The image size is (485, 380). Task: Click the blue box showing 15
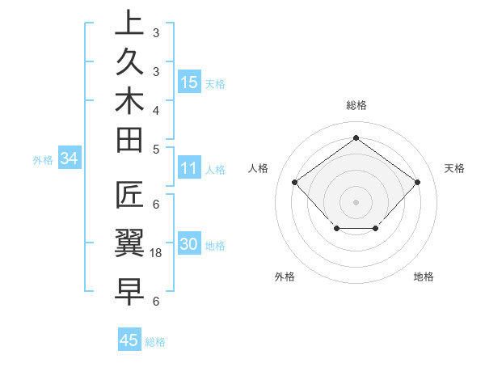[x=189, y=82]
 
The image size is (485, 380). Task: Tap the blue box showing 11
[x=189, y=169]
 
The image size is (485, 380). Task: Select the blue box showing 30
[x=189, y=246]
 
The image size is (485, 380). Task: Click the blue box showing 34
[x=70, y=159]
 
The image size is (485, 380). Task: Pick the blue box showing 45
[x=129, y=340]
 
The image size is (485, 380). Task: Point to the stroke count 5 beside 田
[x=156, y=149]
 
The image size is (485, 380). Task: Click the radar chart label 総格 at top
[x=356, y=105]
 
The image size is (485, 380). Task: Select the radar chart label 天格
[x=454, y=168]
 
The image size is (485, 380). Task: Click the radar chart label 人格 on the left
[x=258, y=168]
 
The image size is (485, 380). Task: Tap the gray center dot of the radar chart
[x=356, y=201]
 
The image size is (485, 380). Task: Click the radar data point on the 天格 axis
[x=417, y=182]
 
